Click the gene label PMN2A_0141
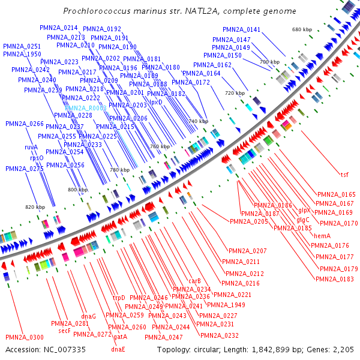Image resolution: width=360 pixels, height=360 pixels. (x=242, y=29)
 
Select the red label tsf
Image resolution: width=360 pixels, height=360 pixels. (x=344, y=175)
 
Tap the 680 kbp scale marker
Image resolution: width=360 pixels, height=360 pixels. (x=302, y=29)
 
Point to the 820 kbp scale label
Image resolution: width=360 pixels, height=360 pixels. (x=35, y=207)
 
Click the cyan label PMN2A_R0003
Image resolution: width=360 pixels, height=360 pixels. (x=86, y=107)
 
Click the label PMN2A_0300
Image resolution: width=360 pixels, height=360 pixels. (x=25, y=337)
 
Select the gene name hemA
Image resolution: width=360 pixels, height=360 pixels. (x=322, y=236)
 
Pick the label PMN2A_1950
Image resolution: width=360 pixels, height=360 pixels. (x=22, y=55)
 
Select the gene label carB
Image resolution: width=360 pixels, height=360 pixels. (x=194, y=281)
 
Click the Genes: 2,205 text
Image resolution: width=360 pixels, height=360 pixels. (x=331, y=349)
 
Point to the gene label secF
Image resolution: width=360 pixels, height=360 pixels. (x=64, y=331)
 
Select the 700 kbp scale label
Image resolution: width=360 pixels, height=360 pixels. (x=270, y=62)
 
